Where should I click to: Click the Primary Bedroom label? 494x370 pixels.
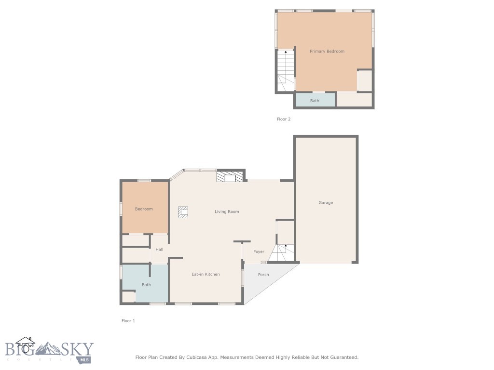[327, 51]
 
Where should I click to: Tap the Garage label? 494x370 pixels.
[326, 203]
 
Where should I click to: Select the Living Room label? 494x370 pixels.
[227, 211]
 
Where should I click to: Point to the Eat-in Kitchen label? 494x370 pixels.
[206, 274]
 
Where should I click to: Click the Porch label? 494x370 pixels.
[263, 275]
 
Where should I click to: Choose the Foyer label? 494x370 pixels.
[259, 251]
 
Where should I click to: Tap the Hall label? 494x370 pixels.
[159, 250]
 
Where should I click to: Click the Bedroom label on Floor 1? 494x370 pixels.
[144, 209]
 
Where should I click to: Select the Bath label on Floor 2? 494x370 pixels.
[315, 101]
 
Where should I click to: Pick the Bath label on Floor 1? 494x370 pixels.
[146, 285]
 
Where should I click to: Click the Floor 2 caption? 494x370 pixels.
[284, 119]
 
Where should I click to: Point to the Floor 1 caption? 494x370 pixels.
[128, 320]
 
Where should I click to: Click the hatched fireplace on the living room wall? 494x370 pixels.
[230, 177]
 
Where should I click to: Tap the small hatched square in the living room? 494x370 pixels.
[183, 212]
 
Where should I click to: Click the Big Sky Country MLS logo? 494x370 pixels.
[48, 351]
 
